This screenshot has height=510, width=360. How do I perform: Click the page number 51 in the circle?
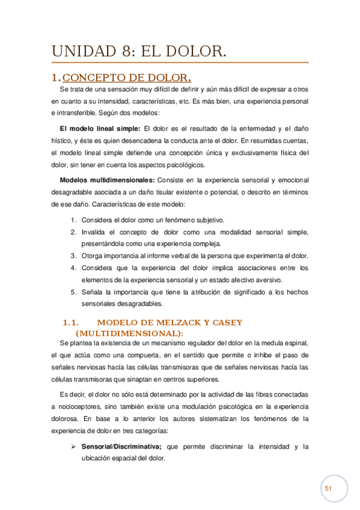coord(328,489)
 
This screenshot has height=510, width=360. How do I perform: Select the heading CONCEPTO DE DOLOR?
coord(127,78)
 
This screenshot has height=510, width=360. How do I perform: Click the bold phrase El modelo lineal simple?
coord(99,128)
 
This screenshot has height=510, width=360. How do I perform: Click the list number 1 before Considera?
coord(73,220)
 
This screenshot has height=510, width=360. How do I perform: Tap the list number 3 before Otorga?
coord(73,256)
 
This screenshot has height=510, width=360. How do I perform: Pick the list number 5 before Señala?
coord(73,292)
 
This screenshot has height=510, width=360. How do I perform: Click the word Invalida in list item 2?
coord(95,232)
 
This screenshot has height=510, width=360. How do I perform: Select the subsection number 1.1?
coord(71,322)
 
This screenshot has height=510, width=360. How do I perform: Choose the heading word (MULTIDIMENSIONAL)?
coord(129,333)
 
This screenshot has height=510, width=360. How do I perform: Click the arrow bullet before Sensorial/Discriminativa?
coord(73,446)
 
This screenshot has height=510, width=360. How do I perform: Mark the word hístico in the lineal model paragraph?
coord(63,141)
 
